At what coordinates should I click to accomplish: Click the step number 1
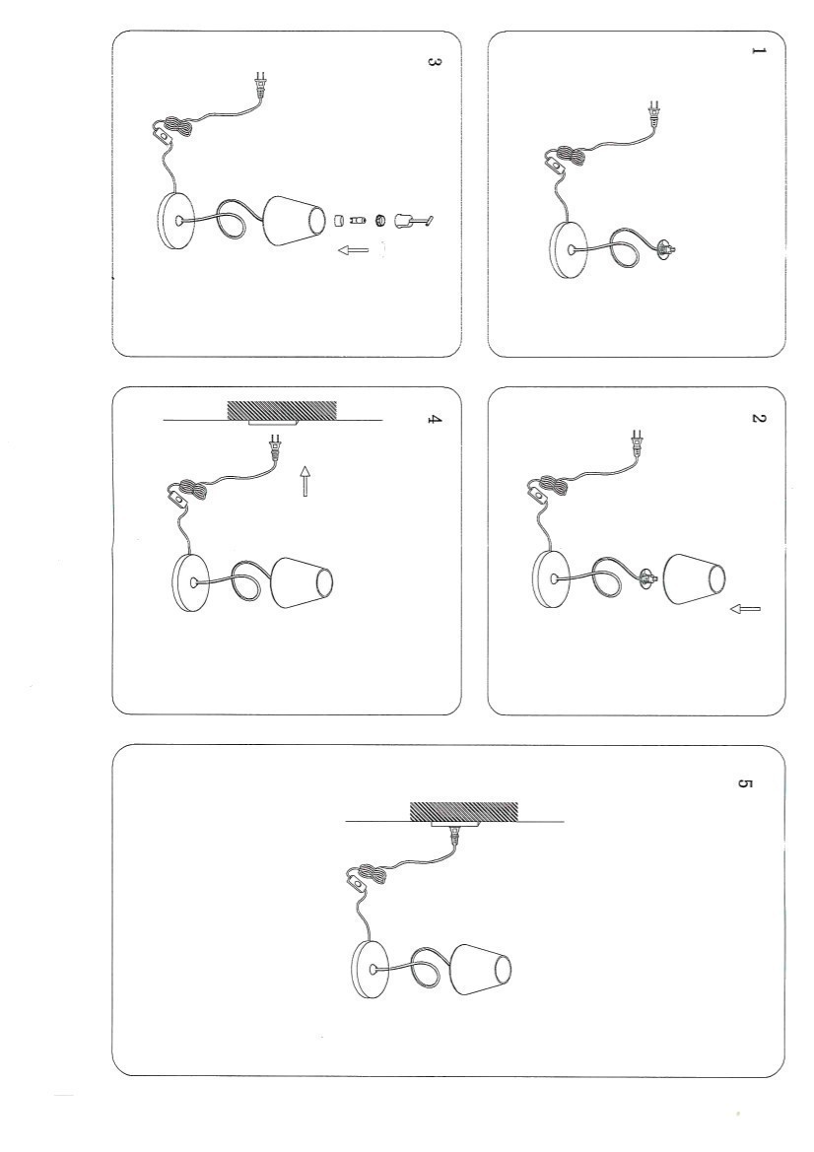pyautogui.click(x=759, y=50)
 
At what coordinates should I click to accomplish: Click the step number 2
pyautogui.click(x=759, y=418)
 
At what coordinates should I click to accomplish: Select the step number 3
pyautogui.click(x=435, y=62)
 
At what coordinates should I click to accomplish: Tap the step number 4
pyautogui.click(x=435, y=420)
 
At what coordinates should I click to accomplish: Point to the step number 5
pyautogui.click(x=744, y=783)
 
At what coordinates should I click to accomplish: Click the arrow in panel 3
pyautogui.click(x=354, y=250)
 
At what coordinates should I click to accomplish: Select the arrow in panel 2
pyautogui.click(x=746, y=608)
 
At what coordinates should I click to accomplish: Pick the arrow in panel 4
pyautogui.click(x=305, y=480)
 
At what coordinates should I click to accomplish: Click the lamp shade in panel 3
pyautogui.click(x=294, y=221)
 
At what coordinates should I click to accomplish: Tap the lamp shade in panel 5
pyautogui.click(x=481, y=969)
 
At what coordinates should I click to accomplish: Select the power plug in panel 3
pyautogui.click(x=259, y=85)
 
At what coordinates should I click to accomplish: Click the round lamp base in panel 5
pyautogui.click(x=372, y=970)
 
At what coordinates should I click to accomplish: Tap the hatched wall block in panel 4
pyautogui.click(x=282, y=411)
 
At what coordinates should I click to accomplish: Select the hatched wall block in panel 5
pyautogui.click(x=463, y=812)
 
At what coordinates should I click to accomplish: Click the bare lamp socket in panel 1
pyautogui.click(x=665, y=249)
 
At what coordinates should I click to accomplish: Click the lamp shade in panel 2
pyautogui.click(x=694, y=579)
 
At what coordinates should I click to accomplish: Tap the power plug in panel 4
pyautogui.click(x=276, y=446)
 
